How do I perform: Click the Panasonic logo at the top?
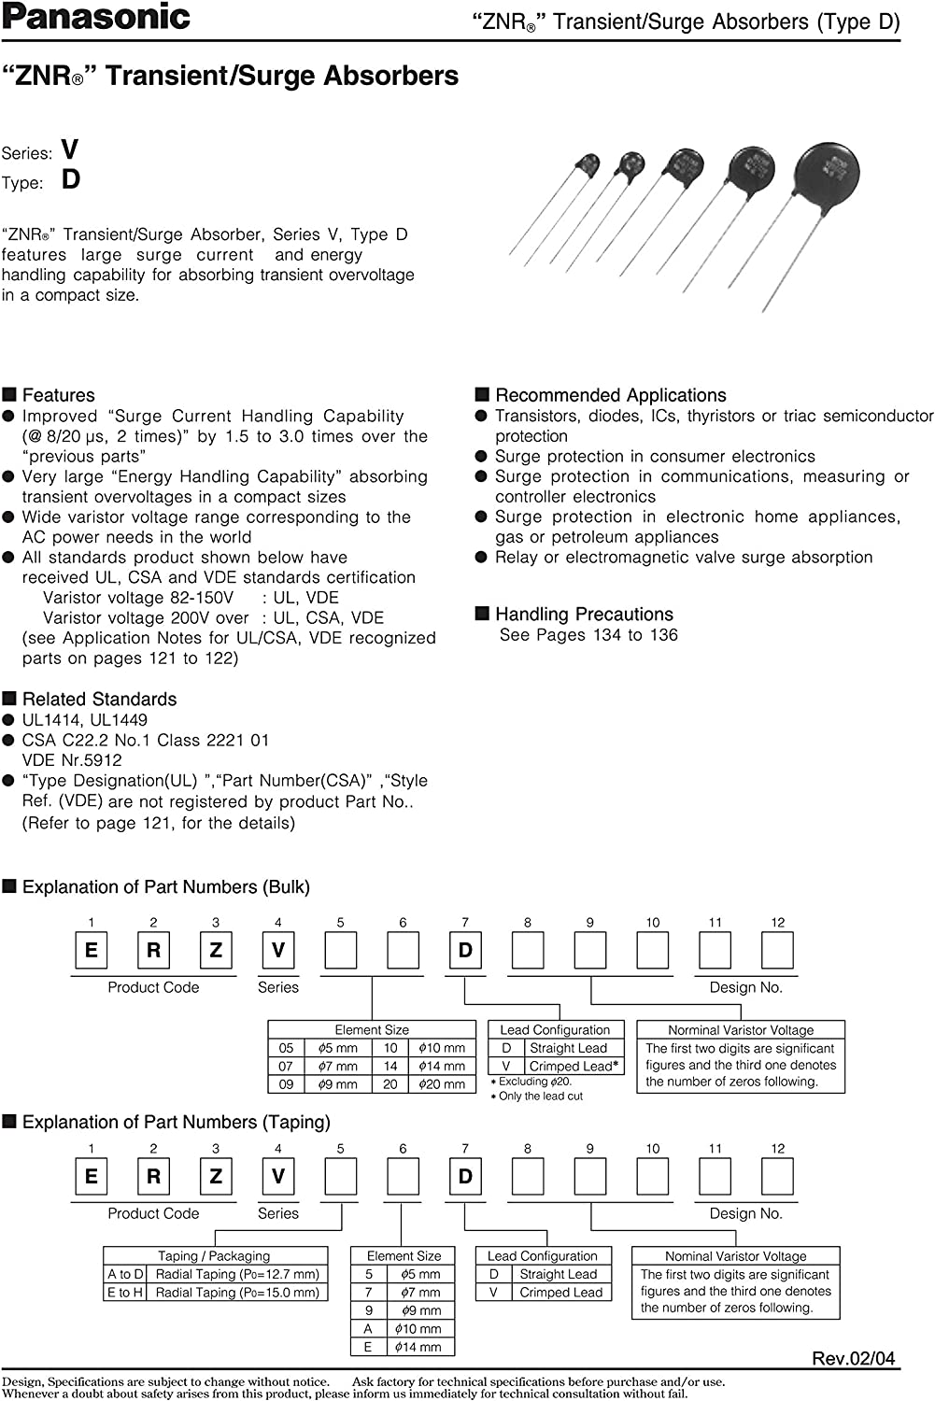[96, 17]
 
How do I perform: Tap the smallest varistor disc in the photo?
[588, 165]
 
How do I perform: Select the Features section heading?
[58, 395]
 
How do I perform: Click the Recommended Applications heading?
[610, 395]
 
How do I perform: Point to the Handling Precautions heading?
[584, 614]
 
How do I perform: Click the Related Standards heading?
[99, 699]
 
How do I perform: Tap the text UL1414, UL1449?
[85, 719]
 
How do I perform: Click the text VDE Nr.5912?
[72, 760]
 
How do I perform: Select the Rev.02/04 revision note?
[854, 1358]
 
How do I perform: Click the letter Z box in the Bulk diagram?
[216, 951]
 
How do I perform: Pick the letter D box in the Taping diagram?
[465, 1177]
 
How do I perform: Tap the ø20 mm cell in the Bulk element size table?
[441, 1084]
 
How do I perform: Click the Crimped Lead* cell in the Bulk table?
[573, 1066]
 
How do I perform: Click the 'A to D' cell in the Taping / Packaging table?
[125, 1274]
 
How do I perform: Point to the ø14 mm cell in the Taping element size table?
[417, 1347]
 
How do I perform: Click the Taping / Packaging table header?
[214, 1256]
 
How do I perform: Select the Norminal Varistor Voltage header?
[740, 1029]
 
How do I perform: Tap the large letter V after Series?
[69, 149]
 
